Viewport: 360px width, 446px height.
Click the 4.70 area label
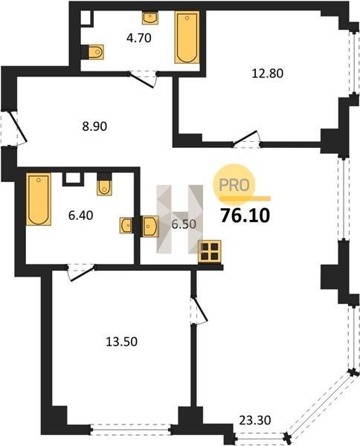point(139,38)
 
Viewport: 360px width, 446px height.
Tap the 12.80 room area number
point(268,74)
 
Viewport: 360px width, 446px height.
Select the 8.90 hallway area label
point(94,126)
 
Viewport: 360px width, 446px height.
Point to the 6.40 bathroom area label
point(81,216)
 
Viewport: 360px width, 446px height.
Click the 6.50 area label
point(184,224)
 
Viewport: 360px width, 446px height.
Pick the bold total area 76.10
point(245,216)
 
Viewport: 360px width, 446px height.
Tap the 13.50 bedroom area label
point(121,342)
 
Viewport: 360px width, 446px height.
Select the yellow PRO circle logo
point(234,184)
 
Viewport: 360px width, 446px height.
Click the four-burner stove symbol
point(210,251)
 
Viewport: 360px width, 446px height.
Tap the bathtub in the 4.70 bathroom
point(187,37)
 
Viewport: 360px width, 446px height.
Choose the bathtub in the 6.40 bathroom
point(39,199)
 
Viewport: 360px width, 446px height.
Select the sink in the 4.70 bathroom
point(150,18)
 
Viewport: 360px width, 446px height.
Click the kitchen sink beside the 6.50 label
point(150,226)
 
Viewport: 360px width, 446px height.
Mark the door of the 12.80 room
point(246,140)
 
